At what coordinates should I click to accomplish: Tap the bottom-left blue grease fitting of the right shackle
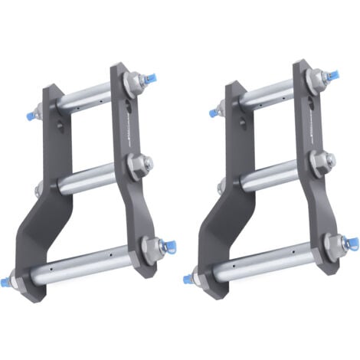[x=188, y=278]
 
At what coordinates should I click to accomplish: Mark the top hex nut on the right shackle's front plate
[x=316, y=79]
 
